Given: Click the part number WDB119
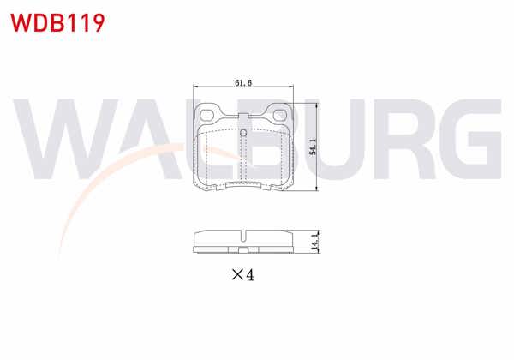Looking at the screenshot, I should tap(57, 22).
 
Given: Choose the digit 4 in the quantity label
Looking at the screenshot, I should tap(250, 275).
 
